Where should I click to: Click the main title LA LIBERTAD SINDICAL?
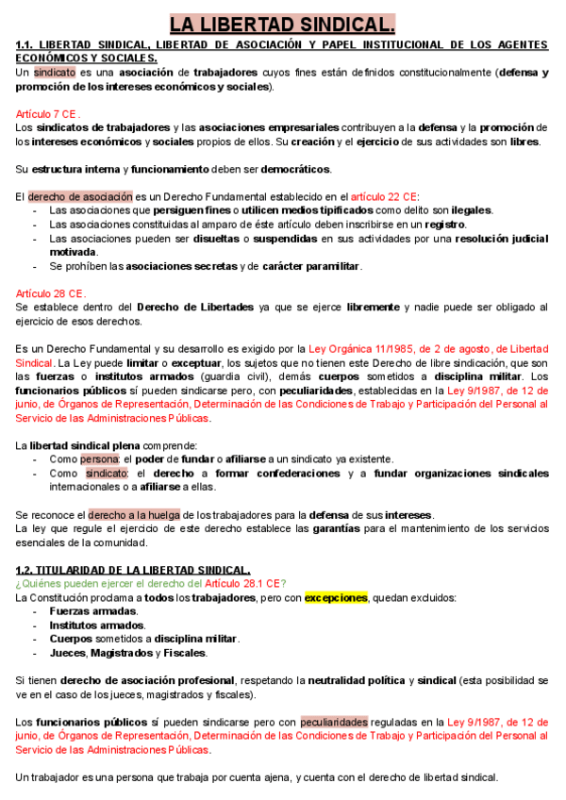tap(282, 24)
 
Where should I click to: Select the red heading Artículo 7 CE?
tap(48, 113)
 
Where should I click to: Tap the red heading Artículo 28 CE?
tap(51, 293)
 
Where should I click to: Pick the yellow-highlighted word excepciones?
tap(335, 598)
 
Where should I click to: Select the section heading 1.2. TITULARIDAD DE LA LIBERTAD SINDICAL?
tap(133, 570)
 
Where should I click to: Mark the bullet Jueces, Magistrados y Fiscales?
tap(128, 652)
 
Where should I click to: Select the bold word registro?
tap(444, 225)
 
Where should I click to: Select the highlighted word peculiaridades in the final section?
tap(334, 723)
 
